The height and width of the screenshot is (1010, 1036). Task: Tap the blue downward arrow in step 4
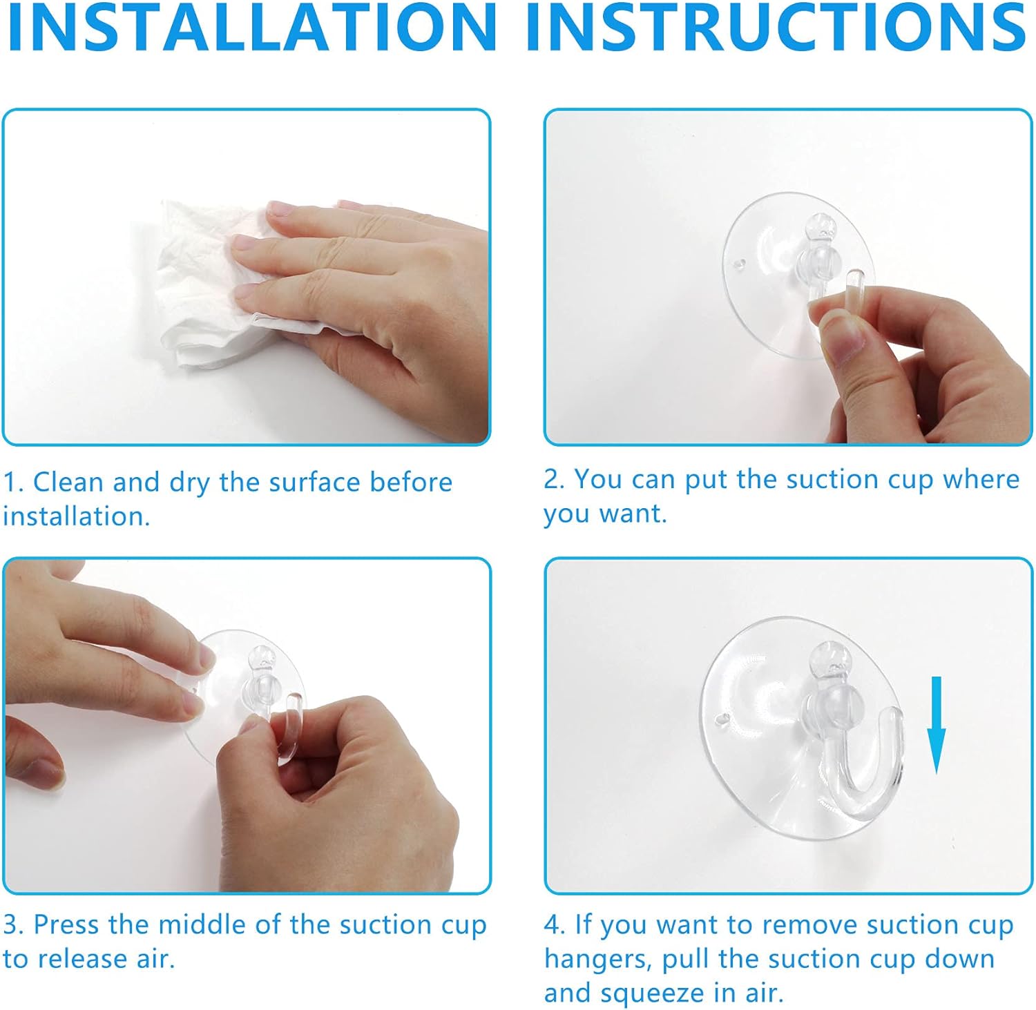(x=936, y=725)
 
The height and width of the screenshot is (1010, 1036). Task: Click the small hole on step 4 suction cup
(x=722, y=719)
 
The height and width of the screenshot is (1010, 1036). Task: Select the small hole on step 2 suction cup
(x=740, y=264)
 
